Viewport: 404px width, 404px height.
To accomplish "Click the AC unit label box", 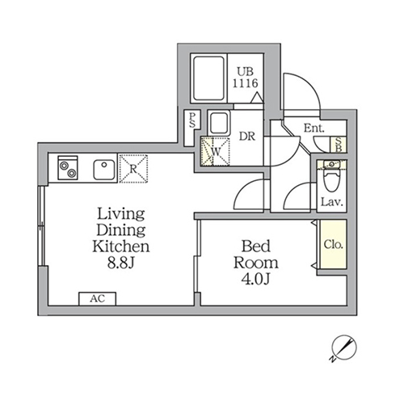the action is click(x=97, y=299).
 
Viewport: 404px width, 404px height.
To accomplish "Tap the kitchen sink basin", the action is click(x=104, y=170).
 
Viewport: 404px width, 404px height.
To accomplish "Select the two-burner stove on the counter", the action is click(x=68, y=168).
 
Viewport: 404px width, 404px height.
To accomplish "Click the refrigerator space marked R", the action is click(x=133, y=169).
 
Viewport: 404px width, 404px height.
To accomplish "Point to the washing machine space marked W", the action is click(x=215, y=151).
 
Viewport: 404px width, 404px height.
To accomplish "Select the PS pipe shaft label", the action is click(x=192, y=120).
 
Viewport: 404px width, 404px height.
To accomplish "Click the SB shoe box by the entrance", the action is click(x=339, y=145).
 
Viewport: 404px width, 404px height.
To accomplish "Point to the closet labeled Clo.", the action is click(x=333, y=244).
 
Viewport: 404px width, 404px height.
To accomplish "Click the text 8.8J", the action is click(x=120, y=263).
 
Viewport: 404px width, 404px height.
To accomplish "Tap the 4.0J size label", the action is click(x=255, y=279).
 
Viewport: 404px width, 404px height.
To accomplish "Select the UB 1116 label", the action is click(x=246, y=78).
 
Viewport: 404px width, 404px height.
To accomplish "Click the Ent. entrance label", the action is click(x=314, y=128).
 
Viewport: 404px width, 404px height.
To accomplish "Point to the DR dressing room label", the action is click(x=247, y=137).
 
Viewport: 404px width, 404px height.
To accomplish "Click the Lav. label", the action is click(x=331, y=202).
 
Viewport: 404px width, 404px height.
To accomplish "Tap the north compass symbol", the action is click(x=344, y=347).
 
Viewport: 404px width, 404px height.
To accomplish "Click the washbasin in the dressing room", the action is click(x=219, y=123).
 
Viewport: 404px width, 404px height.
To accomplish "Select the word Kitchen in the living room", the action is click(x=120, y=246).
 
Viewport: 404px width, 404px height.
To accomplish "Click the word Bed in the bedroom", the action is click(x=256, y=246).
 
